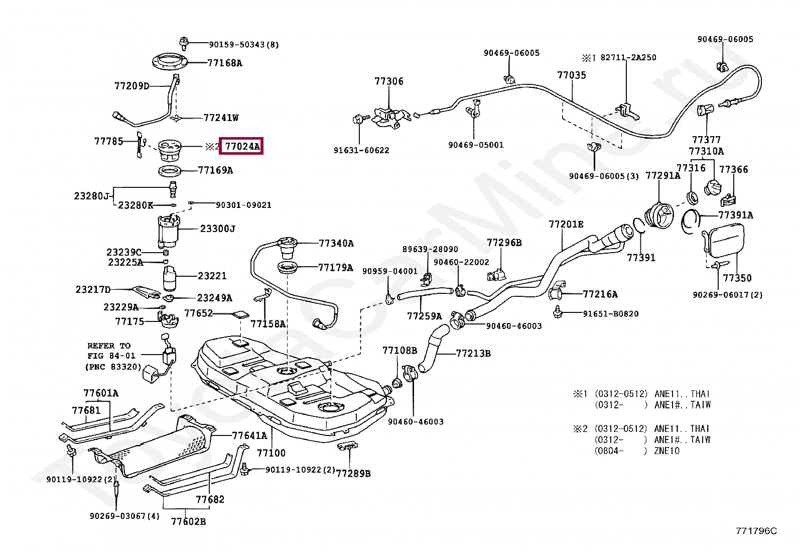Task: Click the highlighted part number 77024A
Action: pyautogui.click(x=242, y=146)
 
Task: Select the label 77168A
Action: pyautogui.click(x=225, y=63)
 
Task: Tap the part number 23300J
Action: pyautogui.click(x=218, y=229)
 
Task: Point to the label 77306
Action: pyautogui.click(x=389, y=81)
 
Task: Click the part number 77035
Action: pyautogui.click(x=572, y=75)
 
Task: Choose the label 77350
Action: pyautogui.click(x=737, y=278)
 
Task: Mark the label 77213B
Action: pyautogui.click(x=473, y=353)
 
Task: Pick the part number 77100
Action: pyautogui.click(x=271, y=453)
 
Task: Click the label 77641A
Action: pyautogui.click(x=249, y=435)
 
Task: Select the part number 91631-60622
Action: pyautogui.click(x=361, y=150)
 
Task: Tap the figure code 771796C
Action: pyautogui.click(x=756, y=531)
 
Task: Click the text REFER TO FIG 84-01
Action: pyautogui.click(x=111, y=351)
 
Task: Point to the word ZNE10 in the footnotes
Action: pyautogui.click(x=667, y=451)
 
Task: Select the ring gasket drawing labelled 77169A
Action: pyautogui.click(x=170, y=171)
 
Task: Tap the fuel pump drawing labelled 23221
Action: pyautogui.click(x=170, y=278)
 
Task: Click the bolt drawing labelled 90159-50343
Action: pyautogui.click(x=184, y=43)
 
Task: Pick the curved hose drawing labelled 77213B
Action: pyautogui.click(x=432, y=348)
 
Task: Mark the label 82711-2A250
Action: pyautogui.click(x=628, y=57)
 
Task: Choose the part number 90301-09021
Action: pyautogui.click(x=243, y=205)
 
